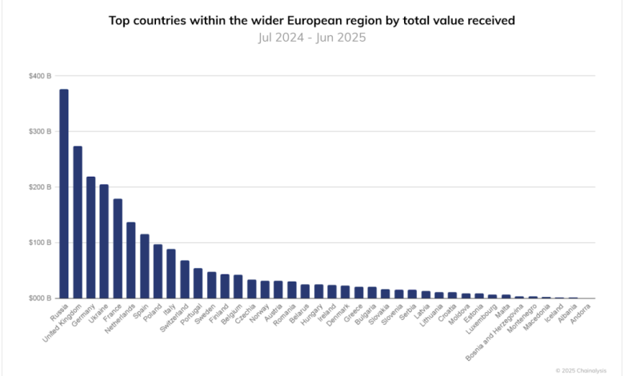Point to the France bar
pos(118,249)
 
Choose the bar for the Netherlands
pos(130,261)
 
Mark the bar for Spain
pos(144,266)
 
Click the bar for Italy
pos(171,274)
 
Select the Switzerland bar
pos(184,279)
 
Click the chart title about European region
pos(311,19)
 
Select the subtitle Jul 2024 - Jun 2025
pos(311,37)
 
